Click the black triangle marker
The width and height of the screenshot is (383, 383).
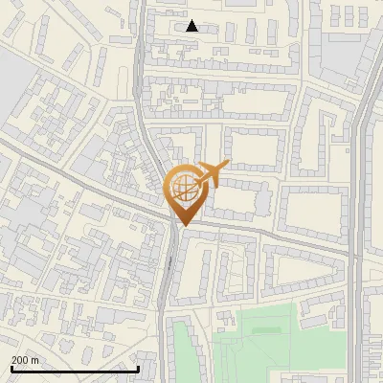192,26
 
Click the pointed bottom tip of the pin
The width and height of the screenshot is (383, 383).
183,225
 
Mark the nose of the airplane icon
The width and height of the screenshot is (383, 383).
227,167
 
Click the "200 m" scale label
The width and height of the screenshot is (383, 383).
25,359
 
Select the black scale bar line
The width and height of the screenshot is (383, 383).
74,369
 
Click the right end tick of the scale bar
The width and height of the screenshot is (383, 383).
139,369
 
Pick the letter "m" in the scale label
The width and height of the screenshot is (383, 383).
34,359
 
